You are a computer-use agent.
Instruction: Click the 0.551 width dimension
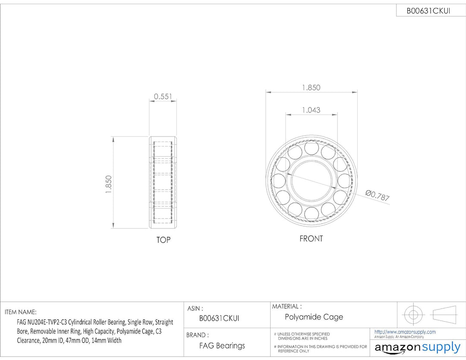pos(163,96)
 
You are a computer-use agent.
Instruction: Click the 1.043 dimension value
pos(311,110)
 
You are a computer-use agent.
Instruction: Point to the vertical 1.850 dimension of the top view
pos(109,184)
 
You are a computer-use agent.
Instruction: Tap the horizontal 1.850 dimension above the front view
pos(311,87)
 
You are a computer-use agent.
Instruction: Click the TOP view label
pos(163,240)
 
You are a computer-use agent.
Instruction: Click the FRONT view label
pos(311,238)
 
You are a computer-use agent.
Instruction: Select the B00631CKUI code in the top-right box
pos(428,11)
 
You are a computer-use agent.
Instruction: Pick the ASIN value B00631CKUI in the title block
pos(219,319)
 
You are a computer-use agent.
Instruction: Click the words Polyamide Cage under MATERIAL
pos(314,317)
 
